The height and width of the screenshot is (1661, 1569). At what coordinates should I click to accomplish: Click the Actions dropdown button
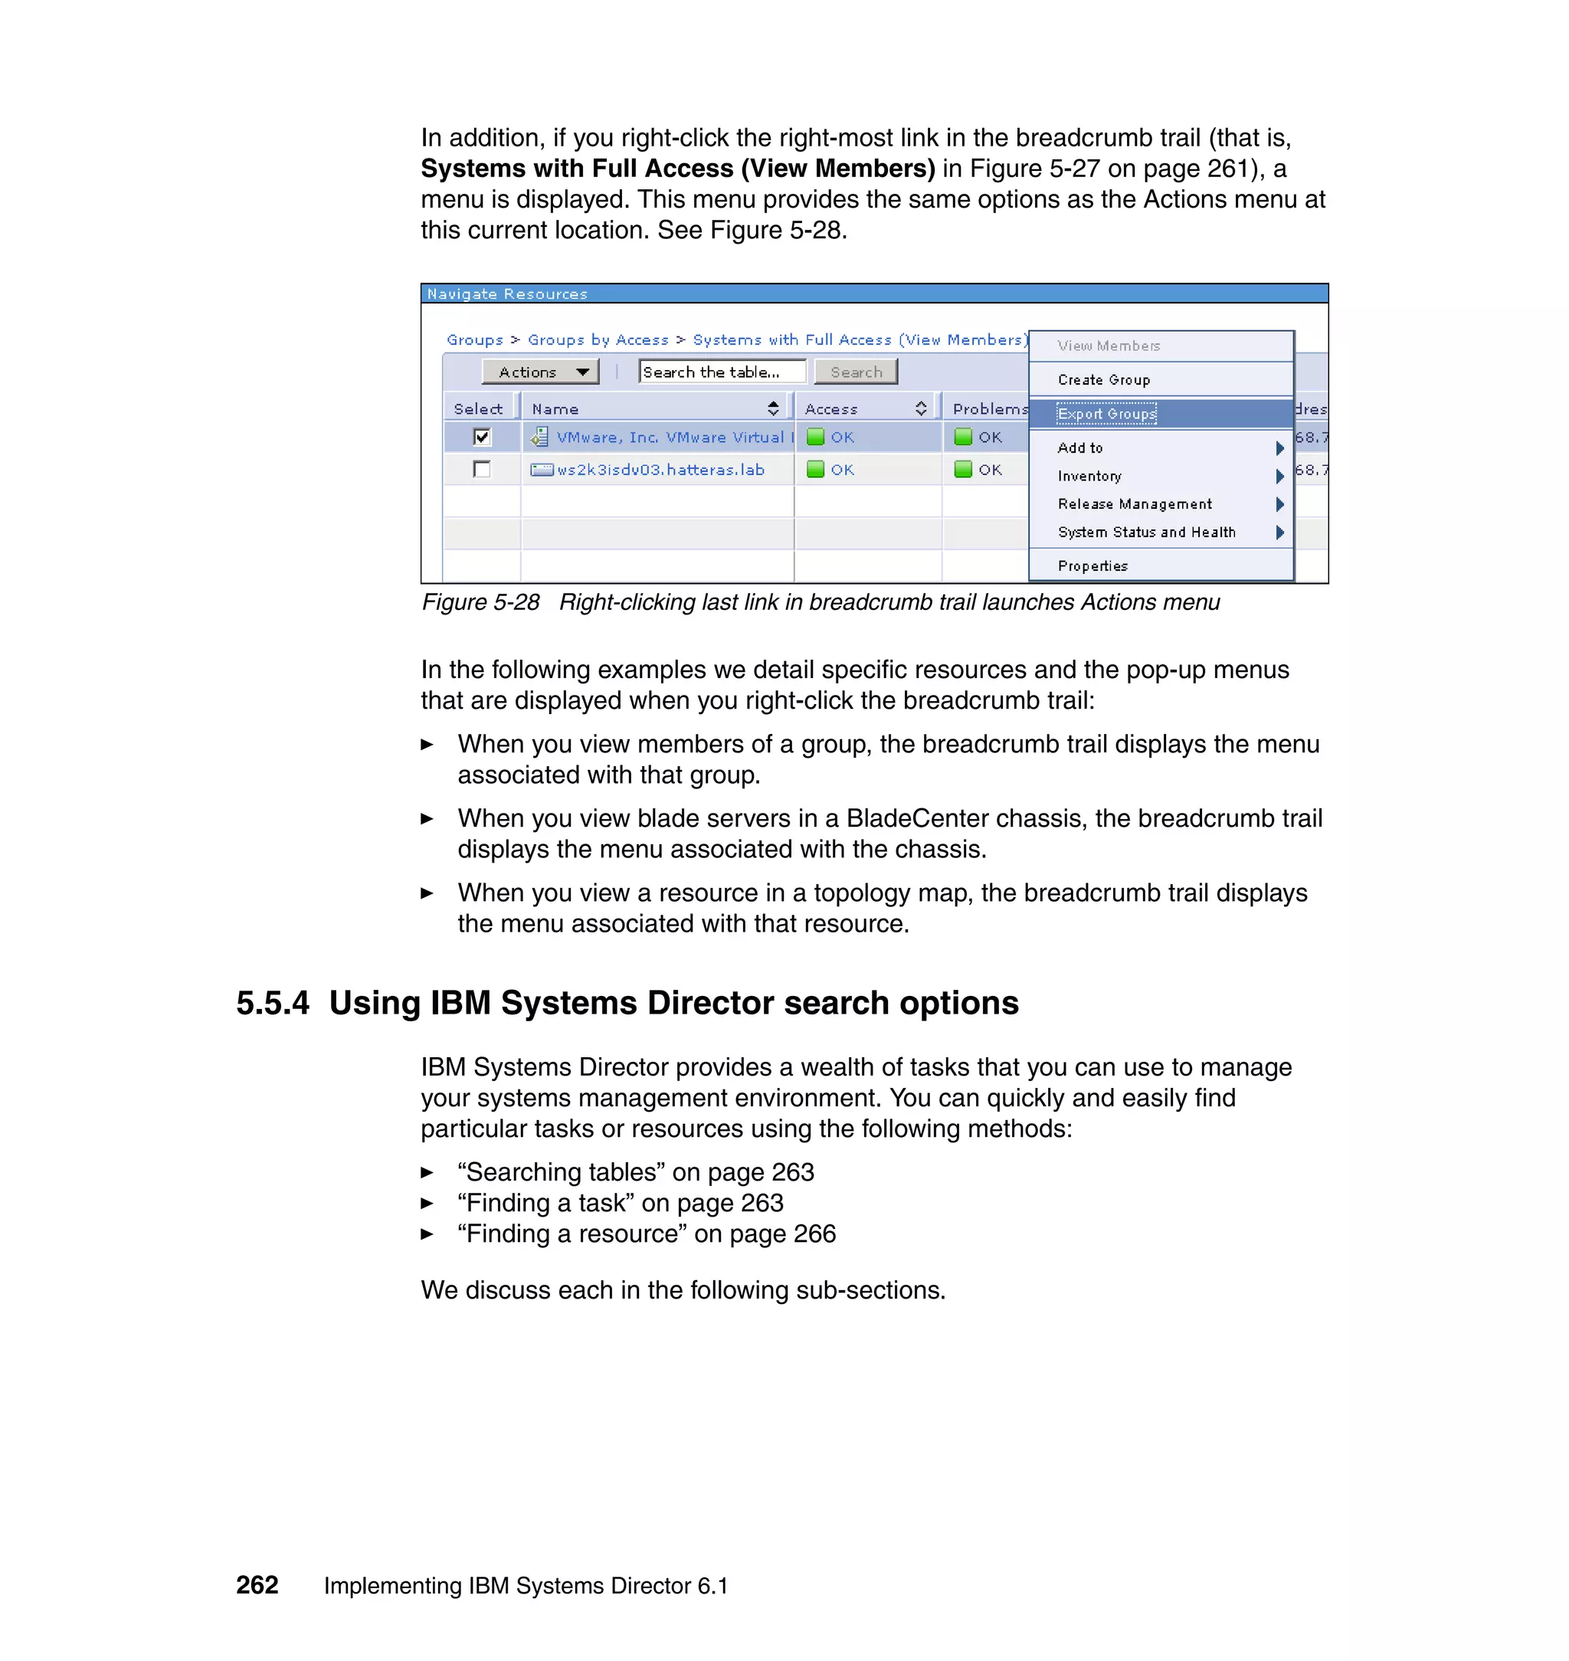click(x=540, y=372)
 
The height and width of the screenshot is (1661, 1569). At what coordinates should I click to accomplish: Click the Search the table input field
click(x=721, y=372)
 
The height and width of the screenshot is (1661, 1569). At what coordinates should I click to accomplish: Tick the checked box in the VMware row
click(x=482, y=437)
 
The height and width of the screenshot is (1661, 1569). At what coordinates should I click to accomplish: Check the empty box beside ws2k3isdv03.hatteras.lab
click(x=482, y=469)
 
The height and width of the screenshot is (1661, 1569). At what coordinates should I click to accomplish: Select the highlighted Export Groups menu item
click(x=1106, y=414)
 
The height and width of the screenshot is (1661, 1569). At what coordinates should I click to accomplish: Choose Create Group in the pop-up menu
click(x=1103, y=380)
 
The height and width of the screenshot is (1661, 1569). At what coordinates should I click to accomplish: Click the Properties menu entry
click(x=1092, y=566)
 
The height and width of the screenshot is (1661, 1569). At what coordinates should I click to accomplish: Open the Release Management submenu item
click(x=1134, y=504)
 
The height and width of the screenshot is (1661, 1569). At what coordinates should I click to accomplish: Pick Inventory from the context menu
click(x=1089, y=476)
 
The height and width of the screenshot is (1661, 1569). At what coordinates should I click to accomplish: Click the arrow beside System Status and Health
click(x=1279, y=532)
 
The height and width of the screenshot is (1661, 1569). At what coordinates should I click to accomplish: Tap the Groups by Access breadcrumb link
click(x=598, y=340)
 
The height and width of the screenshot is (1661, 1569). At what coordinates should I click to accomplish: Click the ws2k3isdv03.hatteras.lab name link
click(x=660, y=470)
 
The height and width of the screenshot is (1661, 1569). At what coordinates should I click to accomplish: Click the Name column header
click(x=555, y=409)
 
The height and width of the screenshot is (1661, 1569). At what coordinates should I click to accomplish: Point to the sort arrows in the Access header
click(x=921, y=409)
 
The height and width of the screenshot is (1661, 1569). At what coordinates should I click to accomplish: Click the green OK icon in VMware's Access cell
click(x=815, y=437)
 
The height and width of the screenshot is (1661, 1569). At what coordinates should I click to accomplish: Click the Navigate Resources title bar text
click(x=507, y=294)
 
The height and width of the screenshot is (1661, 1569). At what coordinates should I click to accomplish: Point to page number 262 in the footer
click(x=257, y=1585)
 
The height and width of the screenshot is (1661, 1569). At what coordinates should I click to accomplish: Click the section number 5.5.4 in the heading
click(x=273, y=1003)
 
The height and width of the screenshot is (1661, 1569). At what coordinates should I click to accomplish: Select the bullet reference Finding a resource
click(x=646, y=1233)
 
